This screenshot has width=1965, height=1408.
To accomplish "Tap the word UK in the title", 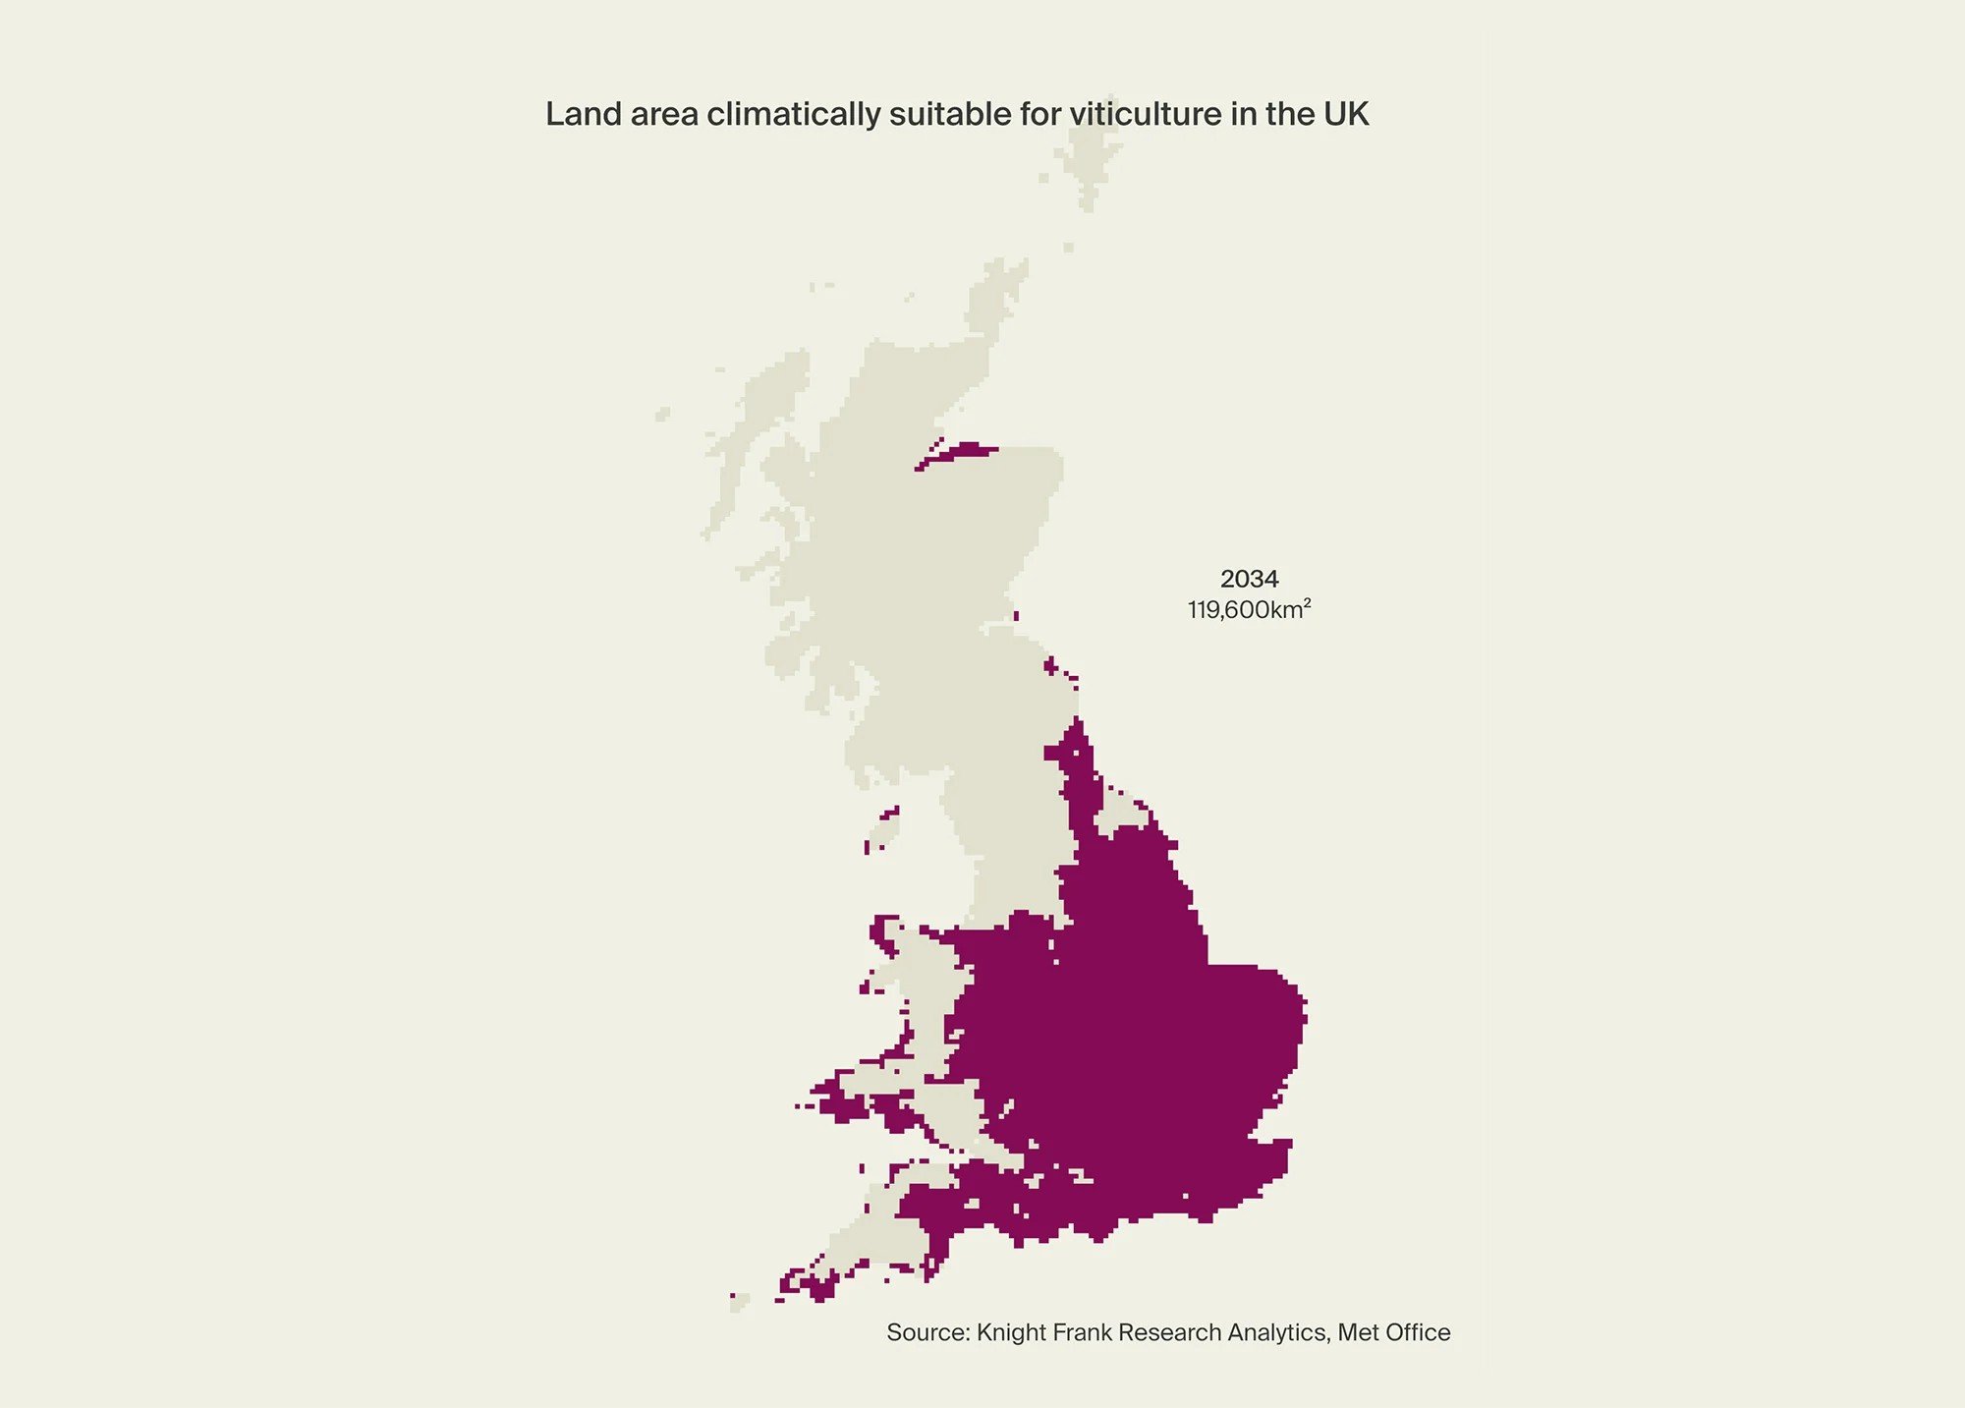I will pyautogui.click(x=1345, y=114).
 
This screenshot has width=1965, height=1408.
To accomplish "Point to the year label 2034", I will pyautogui.click(x=1249, y=579).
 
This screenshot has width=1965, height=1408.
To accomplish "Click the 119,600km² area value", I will pyautogui.click(x=1249, y=609).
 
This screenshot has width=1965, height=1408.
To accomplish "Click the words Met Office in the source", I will pyautogui.click(x=1394, y=1332).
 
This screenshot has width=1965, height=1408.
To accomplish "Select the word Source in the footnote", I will pyautogui.click(x=927, y=1332).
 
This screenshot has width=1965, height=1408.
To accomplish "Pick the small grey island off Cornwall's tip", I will pyautogui.click(x=740, y=1303).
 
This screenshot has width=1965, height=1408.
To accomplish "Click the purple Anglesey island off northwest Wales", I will pyautogui.click(x=884, y=930).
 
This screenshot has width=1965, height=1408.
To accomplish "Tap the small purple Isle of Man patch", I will pyautogui.click(x=883, y=828).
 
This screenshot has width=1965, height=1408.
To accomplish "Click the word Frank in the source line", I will pyautogui.click(x=1082, y=1332).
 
